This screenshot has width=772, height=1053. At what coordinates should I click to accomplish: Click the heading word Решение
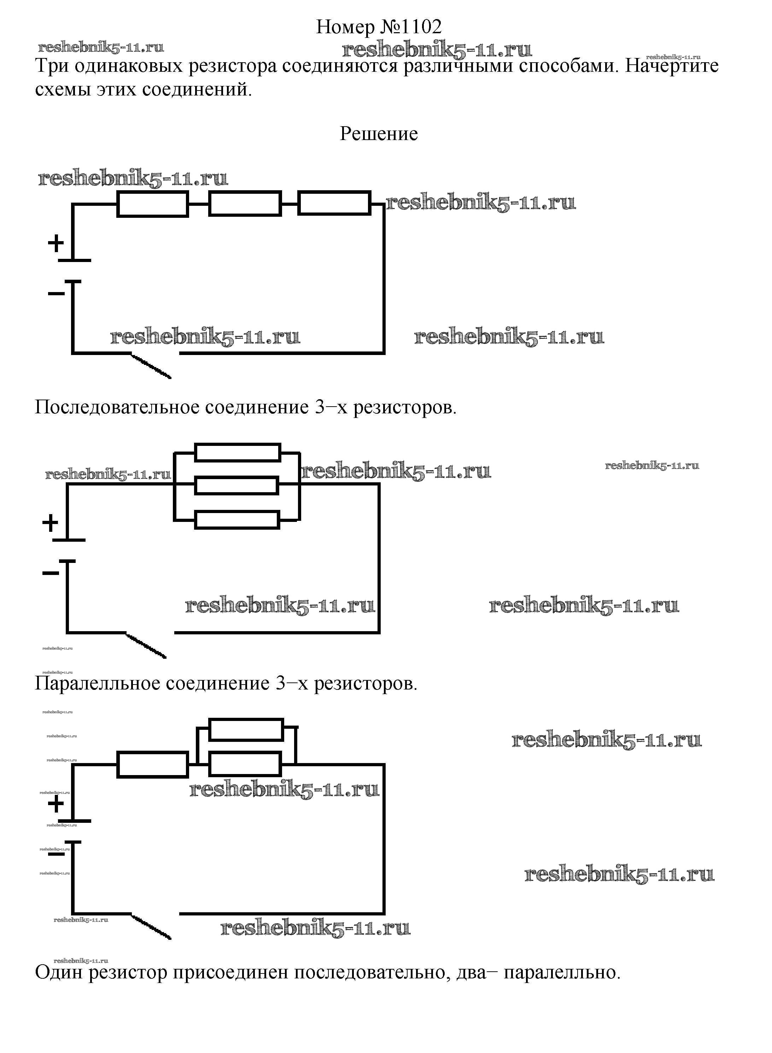click(378, 134)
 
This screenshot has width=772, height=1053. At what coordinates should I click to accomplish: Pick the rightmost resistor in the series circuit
click(334, 203)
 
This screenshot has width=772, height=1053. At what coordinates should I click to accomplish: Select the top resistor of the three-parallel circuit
click(238, 452)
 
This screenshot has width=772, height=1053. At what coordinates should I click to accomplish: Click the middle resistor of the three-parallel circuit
click(236, 485)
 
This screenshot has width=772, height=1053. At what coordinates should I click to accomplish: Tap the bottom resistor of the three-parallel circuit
click(236, 520)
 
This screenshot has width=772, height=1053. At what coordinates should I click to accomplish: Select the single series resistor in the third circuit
click(152, 764)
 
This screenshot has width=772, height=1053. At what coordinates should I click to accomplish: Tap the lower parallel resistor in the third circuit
click(245, 764)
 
